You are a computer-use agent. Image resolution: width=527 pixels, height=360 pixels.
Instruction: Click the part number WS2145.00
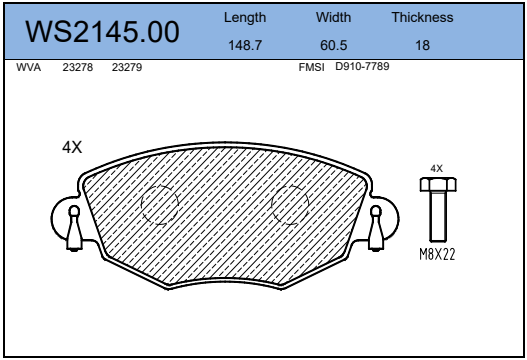tap(102, 32)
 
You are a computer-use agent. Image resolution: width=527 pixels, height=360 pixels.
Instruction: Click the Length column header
tap(245, 18)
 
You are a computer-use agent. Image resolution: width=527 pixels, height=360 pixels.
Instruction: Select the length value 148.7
tap(245, 45)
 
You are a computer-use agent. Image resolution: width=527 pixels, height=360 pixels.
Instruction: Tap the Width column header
tap(333, 17)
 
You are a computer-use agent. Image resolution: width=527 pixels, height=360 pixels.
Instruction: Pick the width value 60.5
tap(333, 45)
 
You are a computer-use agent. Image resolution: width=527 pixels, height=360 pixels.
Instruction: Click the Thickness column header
tap(422, 17)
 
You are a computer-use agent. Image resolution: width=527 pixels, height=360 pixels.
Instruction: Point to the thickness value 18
tap(422, 45)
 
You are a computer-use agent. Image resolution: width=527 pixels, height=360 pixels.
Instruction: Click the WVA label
tap(29, 67)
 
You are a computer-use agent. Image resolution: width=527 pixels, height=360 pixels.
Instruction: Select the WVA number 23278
tap(78, 67)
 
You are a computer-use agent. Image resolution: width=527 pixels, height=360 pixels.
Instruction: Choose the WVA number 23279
tap(127, 67)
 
